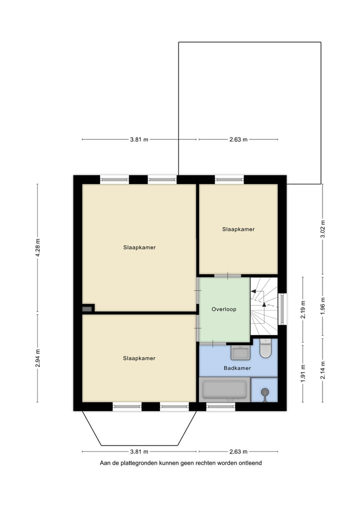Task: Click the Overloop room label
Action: pos(223,309)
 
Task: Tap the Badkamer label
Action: pos(237,368)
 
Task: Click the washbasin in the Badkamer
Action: pos(240,353)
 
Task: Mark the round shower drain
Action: pos(265,392)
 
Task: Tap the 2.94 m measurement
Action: pos(37,358)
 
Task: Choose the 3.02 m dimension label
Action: pos(322,229)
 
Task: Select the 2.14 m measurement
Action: pos(322,370)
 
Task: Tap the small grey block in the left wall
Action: pos(87,309)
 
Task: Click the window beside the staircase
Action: pos(282,309)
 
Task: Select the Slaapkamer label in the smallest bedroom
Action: pos(238,229)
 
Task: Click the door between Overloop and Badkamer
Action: pos(213,343)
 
